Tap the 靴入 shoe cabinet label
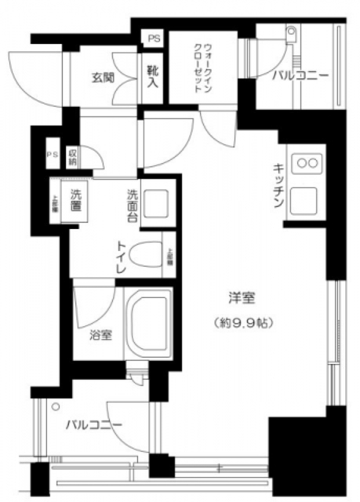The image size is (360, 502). [152, 75]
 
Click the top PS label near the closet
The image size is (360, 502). [152, 37]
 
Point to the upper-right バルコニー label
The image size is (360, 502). [300, 76]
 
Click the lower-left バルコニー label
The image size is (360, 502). [93, 424]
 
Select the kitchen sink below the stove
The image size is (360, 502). [304, 202]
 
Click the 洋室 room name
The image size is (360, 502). [242, 299]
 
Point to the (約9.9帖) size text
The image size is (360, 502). [242, 322]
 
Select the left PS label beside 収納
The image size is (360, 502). [52, 155]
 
